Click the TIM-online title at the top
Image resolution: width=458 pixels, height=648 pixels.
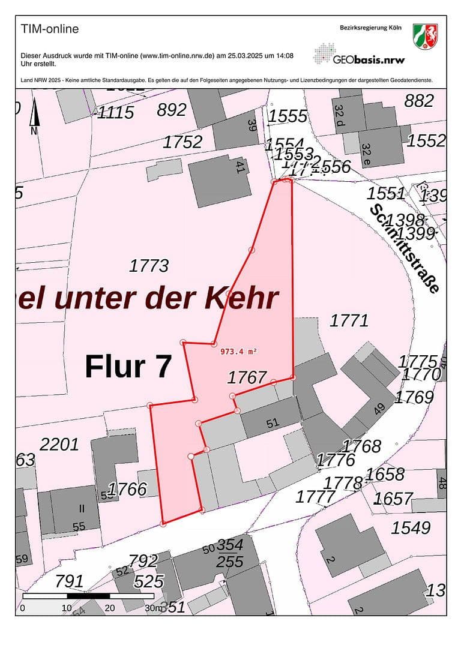[50, 29]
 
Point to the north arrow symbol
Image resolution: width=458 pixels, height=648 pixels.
[34, 117]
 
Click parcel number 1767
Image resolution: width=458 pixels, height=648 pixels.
[247, 377]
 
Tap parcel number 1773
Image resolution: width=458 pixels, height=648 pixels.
[149, 265]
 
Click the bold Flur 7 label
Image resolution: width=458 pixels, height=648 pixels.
[128, 366]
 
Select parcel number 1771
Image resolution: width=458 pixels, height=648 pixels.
[349, 320]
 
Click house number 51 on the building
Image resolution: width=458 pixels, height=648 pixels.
[273, 422]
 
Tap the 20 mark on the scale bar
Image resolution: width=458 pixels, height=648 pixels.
[110, 608]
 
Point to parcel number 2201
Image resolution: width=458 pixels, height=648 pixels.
[59, 445]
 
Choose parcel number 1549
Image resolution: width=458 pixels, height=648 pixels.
[411, 527]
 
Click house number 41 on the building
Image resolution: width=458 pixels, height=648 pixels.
[240, 168]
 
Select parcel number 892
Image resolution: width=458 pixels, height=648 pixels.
[172, 110]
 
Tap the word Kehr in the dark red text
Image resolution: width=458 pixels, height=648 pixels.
[242, 298]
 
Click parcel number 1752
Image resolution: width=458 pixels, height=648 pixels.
[182, 142]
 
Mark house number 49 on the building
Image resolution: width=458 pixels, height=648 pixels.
[379, 410]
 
